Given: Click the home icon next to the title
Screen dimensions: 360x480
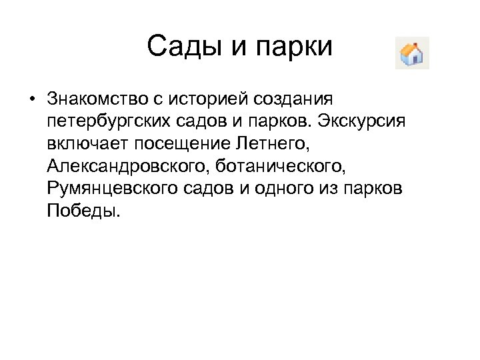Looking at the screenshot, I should pos(412,53).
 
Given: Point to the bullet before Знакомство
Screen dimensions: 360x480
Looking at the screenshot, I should pos(31,101).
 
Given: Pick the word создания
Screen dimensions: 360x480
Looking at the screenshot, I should pos(294,100).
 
